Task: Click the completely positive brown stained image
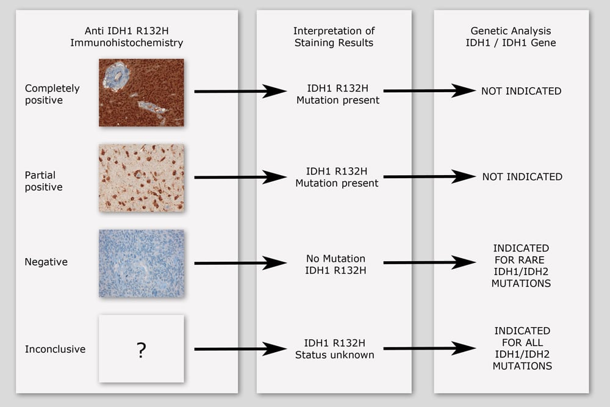(142, 93)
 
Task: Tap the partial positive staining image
(142, 178)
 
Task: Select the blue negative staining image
(142, 264)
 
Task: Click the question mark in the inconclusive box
(142, 350)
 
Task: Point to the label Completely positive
(52, 94)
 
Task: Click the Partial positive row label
(43, 181)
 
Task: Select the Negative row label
(46, 262)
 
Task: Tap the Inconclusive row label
(56, 349)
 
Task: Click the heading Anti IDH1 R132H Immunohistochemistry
(127, 37)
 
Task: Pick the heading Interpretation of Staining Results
(334, 37)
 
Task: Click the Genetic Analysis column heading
(511, 37)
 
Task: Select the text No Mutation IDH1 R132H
(335, 264)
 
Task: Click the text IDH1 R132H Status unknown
(334, 348)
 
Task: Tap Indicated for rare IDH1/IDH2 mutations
(521, 266)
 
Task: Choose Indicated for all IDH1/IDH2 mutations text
(522, 348)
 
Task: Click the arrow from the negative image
(240, 263)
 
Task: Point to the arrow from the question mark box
(240, 349)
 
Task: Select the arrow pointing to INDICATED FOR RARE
(429, 262)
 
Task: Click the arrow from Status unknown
(429, 348)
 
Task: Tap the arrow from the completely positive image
(240, 91)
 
